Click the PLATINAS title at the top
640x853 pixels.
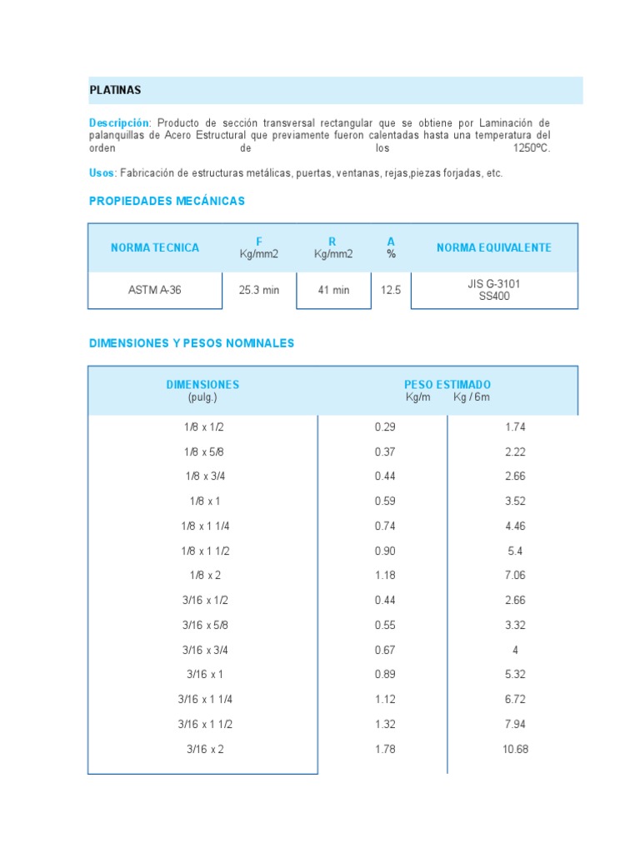(x=115, y=89)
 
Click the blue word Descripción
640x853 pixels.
(x=119, y=122)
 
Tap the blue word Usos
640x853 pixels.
(x=102, y=172)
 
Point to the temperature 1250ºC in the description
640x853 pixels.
(x=532, y=147)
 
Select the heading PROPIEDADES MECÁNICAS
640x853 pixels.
(x=167, y=202)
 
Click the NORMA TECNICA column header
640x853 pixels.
(x=155, y=247)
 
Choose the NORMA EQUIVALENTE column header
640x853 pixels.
(x=494, y=247)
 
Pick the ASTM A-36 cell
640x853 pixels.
(x=155, y=290)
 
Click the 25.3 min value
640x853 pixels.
(x=259, y=290)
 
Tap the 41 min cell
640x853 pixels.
(x=333, y=290)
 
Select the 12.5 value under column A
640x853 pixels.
(x=391, y=290)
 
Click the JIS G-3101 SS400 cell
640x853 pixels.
(x=494, y=290)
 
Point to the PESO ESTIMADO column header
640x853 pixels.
(x=447, y=384)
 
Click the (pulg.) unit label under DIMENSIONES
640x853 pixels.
(x=202, y=397)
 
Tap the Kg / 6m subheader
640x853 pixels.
(x=472, y=397)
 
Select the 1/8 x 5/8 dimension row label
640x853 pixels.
(x=203, y=451)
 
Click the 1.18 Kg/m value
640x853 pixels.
(x=385, y=575)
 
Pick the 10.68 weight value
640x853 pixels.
(x=515, y=749)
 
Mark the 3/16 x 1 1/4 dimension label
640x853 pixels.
(x=203, y=699)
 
